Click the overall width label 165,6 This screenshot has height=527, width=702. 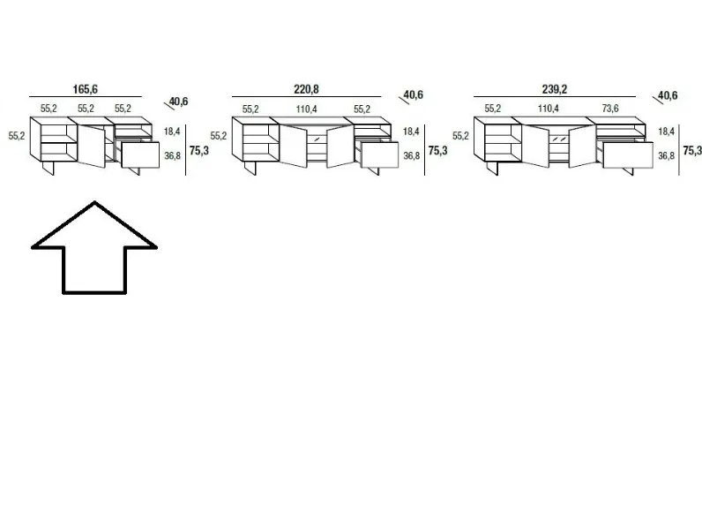click(85, 89)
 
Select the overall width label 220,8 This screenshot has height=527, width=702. click(306, 89)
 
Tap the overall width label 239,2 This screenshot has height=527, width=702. click(554, 89)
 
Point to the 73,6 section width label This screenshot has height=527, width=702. click(610, 109)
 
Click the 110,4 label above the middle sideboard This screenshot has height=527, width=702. click(306, 109)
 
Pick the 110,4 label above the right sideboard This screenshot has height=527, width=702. click(548, 109)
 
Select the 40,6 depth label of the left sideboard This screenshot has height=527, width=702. click(179, 102)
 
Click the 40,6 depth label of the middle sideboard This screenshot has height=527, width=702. click(414, 94)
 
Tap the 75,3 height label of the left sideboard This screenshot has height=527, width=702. click(198, 151)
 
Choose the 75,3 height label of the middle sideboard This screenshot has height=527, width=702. click(437, 151)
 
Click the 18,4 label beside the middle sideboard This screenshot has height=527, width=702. click(411, 132)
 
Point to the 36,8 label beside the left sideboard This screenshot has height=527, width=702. click(172, 155)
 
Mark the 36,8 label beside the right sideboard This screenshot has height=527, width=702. click(666, 155)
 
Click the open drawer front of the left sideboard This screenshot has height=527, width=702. click(140, 155)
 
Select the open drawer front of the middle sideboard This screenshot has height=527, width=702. click(379, 155)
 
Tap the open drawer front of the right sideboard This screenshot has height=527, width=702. click(628, 155)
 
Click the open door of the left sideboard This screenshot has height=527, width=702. click(92, 146)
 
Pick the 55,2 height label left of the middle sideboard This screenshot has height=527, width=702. click(219, 136)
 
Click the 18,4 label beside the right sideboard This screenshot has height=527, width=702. click(666, 132)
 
